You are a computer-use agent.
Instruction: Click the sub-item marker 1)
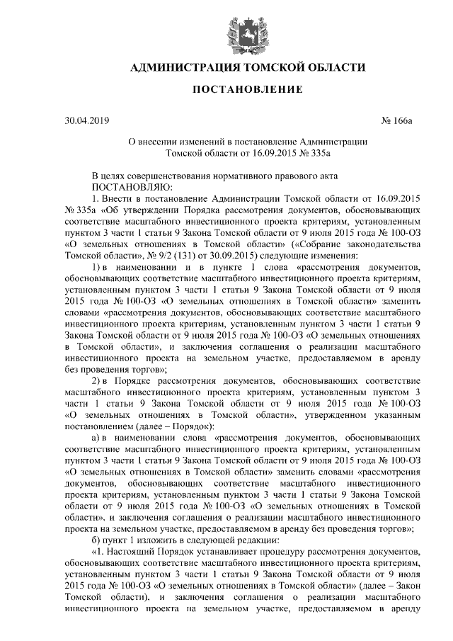98,266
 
